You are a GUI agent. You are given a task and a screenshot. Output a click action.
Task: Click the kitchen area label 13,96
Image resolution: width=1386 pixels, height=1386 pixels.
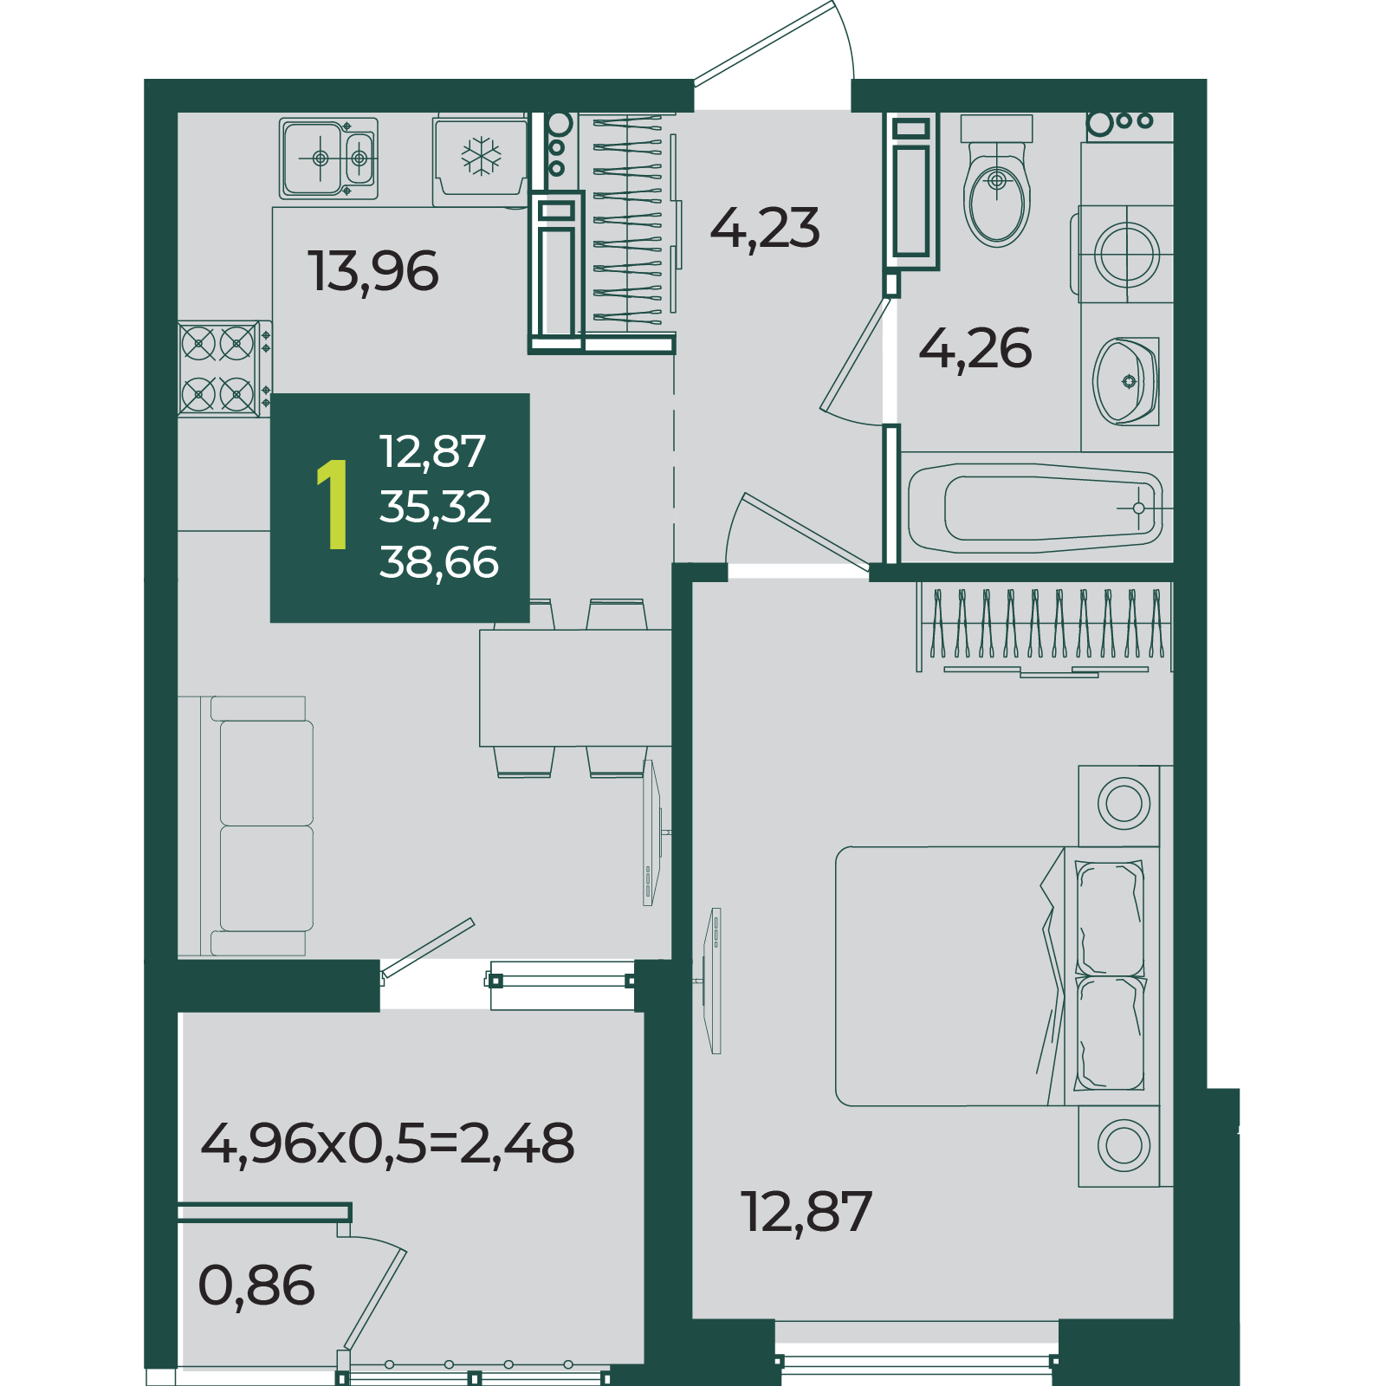(373, 271)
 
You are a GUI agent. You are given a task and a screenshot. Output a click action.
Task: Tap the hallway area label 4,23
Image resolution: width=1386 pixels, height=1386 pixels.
(765, 228)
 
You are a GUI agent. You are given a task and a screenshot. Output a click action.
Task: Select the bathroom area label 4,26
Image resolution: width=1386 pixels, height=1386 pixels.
(975, 349)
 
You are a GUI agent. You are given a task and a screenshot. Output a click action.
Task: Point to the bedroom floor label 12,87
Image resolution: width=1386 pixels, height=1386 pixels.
(806, 1211)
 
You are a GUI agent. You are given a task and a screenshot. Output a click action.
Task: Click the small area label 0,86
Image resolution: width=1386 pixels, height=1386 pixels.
(256, 1285)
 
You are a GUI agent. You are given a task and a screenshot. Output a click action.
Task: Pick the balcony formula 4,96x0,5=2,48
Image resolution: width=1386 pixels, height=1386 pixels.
(387, 1143)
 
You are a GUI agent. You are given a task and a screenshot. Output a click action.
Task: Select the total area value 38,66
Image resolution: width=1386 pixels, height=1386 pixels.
(439, 562)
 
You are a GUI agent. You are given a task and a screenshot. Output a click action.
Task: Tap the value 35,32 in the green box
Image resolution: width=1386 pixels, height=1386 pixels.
(436, 507)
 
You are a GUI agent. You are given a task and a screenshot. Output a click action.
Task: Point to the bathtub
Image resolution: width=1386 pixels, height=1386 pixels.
(1036, 508)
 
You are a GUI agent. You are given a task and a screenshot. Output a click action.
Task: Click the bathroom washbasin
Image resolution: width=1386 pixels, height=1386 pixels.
(1126, 381)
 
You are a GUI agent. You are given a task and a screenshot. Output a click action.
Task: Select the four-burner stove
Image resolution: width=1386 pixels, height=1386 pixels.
(219, 369)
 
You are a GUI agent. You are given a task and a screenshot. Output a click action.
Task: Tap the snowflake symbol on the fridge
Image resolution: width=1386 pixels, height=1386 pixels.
(481, 157)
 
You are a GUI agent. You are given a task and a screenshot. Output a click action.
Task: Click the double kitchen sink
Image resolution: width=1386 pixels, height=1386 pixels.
(328, 159)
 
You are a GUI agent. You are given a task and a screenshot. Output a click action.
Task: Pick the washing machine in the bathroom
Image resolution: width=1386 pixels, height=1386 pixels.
(1125, 254)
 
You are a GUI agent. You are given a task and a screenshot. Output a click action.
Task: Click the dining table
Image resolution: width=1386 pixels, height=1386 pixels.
(575, 688)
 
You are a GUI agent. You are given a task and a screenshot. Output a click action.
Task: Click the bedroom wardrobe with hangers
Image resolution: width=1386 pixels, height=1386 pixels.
(1045, 629)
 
